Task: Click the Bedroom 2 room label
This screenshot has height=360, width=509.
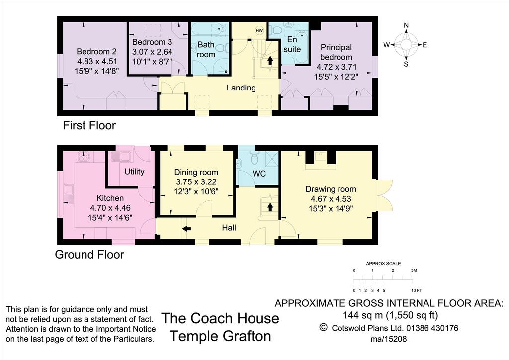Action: pos(96,51)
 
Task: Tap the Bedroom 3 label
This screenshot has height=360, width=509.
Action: pos(152,42)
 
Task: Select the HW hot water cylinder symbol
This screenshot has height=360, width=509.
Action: pos(259,30)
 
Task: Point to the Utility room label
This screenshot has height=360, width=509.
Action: pos(134,172)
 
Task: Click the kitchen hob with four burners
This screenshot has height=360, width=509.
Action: pos(84,157)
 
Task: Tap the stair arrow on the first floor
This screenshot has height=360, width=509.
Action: pos(270,60)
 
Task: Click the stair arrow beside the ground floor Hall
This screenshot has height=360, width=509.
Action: pos(270,207)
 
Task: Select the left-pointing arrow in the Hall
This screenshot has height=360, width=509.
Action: pos(186,229)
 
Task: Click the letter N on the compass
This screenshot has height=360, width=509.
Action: pos(406,26)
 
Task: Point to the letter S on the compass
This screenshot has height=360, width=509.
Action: pos(406,64)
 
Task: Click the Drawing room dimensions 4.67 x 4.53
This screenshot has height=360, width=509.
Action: pos(331,199)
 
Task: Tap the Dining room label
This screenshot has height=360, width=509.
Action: pos(196,172)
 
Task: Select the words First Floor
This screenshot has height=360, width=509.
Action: pos(89,125)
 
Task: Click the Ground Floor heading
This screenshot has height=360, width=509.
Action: pos(89,254)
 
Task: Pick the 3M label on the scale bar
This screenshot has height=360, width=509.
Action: pos(414,270)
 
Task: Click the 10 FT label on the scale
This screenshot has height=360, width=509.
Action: pos(416,290)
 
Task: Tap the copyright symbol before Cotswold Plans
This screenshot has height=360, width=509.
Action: pos(323,327)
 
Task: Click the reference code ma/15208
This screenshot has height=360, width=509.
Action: pos(389,339)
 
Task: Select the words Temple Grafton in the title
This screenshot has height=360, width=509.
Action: pos(220,336)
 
